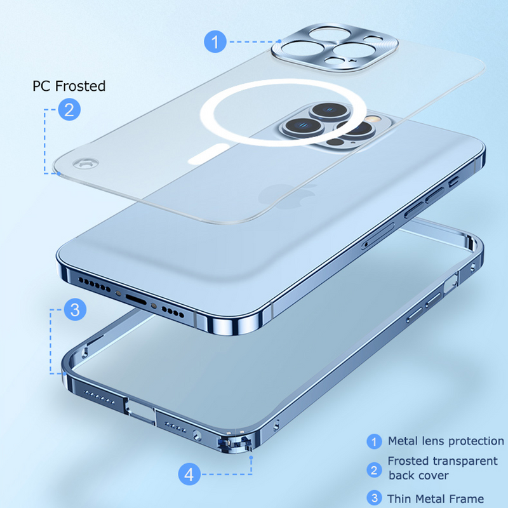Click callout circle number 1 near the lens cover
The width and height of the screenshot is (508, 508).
pos(216,43)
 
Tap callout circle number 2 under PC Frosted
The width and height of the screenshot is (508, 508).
pos(69,109)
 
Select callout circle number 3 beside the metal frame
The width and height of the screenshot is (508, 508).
pos(75,310)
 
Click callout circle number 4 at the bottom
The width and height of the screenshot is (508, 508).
pos(189,474)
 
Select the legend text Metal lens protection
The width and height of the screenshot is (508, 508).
pos(446,441)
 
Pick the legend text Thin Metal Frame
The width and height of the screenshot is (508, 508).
pos(436,498)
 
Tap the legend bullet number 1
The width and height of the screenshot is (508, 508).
pos(375,441)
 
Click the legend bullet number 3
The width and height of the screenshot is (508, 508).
pos(375,498)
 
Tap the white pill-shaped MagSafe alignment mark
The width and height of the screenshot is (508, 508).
pos(214,153)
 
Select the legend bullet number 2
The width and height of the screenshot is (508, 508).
pos(375,469)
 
